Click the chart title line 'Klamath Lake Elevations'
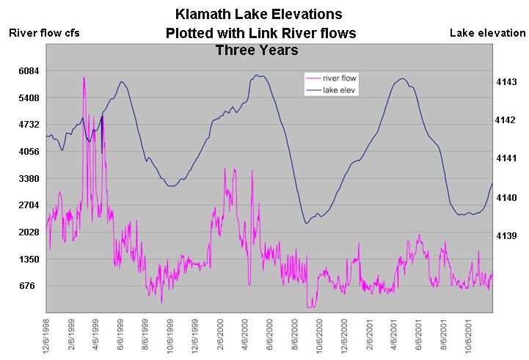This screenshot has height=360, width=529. click(259, 14)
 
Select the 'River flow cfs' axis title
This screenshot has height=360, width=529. click(43, 32)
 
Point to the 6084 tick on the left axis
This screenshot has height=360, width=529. click(27, 71)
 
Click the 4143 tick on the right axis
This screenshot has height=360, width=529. click(507, 81)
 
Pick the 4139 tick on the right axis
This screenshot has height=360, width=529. click(507, 235)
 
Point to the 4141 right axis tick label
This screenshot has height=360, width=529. click(507, 158)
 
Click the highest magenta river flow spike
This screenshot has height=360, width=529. click(84, 78)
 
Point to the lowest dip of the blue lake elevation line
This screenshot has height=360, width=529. click(306, 223)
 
